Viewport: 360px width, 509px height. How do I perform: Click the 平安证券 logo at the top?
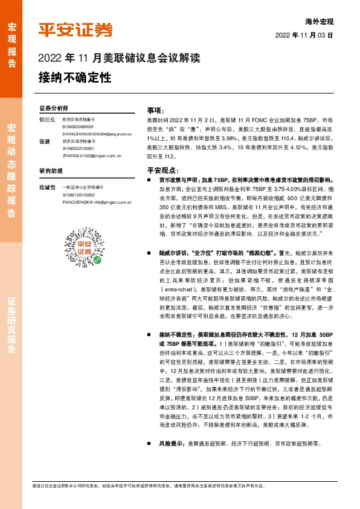(76, 30)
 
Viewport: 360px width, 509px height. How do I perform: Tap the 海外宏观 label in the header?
(320, 21)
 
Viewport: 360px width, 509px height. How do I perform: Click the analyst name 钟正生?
(47, 120)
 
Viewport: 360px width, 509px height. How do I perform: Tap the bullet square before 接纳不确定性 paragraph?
(150, 334)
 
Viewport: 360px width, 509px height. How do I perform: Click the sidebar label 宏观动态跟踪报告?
(11, 171)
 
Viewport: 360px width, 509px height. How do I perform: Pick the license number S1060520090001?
(78, 127)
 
